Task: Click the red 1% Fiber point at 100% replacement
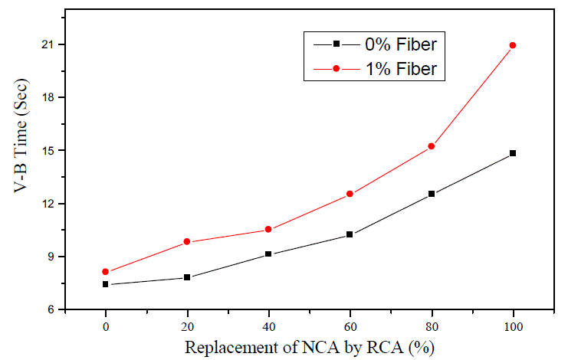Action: point(513,45)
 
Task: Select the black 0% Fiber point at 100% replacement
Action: point(513,153)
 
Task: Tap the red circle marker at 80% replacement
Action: point(432,146)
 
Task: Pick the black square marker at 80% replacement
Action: point(432,194)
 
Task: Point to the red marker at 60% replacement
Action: point(350,194)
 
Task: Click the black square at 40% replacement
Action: point(268,254)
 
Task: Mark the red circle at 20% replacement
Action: point(187,242)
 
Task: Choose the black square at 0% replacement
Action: point(106,284)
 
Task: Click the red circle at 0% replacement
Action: point(106,272)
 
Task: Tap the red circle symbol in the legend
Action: point(336,69)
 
